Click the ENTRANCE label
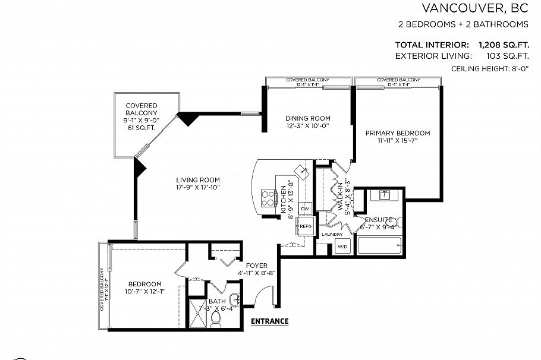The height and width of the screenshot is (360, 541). coord(269,321)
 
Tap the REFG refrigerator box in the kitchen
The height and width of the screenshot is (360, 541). coord(306,226)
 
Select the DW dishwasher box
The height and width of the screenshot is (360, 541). coord(305,209)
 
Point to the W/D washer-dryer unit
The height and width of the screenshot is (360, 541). coord(342,247)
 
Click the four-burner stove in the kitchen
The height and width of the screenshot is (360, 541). coord(269,197)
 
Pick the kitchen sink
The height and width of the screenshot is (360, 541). coord(304,172)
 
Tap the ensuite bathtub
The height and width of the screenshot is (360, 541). coord(380,245)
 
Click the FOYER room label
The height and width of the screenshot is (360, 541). coord(256,266)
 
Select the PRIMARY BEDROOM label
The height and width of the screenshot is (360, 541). coord(397,133)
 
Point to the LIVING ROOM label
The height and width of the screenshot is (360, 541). coord(198,180)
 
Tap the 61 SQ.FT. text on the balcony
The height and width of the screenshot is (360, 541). coord(141,128)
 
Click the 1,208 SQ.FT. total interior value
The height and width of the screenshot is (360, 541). coord(504,45)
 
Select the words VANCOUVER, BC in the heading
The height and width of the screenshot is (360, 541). coord(475,8)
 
